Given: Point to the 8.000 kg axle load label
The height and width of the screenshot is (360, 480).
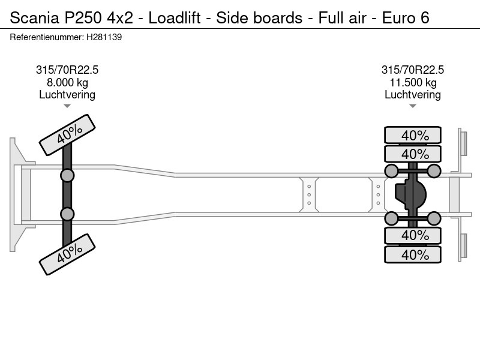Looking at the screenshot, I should [67, 82].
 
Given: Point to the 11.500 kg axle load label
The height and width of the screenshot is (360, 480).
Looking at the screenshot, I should [413, 82].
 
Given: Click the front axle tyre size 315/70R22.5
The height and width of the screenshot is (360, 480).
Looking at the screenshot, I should [67, 70].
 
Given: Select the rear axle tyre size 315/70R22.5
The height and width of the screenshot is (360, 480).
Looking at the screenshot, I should [413, 70].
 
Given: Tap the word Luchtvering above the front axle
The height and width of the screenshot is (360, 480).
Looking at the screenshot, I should [67, 94].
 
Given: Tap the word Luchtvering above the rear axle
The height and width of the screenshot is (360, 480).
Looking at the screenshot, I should [413, 94].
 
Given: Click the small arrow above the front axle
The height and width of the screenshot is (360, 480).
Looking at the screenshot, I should [67, 106].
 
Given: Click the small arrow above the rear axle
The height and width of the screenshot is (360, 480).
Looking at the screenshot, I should [413, 106].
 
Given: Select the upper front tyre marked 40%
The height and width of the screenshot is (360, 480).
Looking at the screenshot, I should [68, 135].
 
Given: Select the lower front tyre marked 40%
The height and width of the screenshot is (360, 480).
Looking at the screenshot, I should [68, 254].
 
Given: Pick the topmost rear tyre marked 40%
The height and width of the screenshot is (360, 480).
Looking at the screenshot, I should [413, 135].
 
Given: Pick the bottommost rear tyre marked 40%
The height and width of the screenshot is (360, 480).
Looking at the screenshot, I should [413, 254].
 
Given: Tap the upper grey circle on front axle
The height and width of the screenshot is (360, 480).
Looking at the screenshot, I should [67, 175].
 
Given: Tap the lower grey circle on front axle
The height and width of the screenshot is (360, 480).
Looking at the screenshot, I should [67, 214].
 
